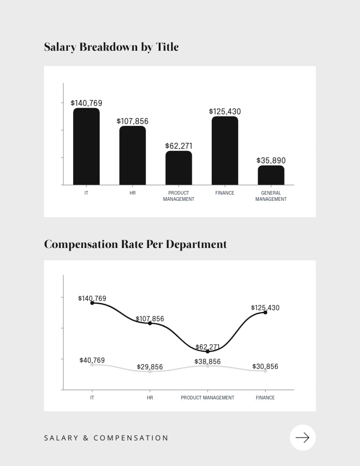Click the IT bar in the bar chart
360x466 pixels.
tap(86, 147)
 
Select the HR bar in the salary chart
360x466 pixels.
tap(132, 155)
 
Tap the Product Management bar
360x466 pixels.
tap(179, 168)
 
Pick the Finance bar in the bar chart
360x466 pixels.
tap(225, 150)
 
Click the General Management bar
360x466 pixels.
tap(271, 175)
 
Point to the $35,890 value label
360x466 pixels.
tap(271, 161)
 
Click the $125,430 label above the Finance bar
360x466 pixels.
tap(225, 112)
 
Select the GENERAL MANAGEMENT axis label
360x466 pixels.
tap(271, 196)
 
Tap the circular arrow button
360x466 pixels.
tap(303, 437)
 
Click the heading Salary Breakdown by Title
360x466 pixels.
tap(111, 47)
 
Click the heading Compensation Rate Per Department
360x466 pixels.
tap(135, 244)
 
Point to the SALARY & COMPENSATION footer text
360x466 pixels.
tap(106, 438)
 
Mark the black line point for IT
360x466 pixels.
tap(92, 303)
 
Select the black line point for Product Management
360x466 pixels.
tap(208, 351)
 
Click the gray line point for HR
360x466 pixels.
tap(150, 371)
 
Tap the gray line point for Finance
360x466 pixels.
tap(265, 371)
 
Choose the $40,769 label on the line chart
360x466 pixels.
tap(92, 360)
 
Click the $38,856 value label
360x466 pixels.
tap(207, 361)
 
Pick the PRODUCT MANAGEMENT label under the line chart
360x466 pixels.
tap(207, 398)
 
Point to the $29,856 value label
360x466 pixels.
tap(150, 367)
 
